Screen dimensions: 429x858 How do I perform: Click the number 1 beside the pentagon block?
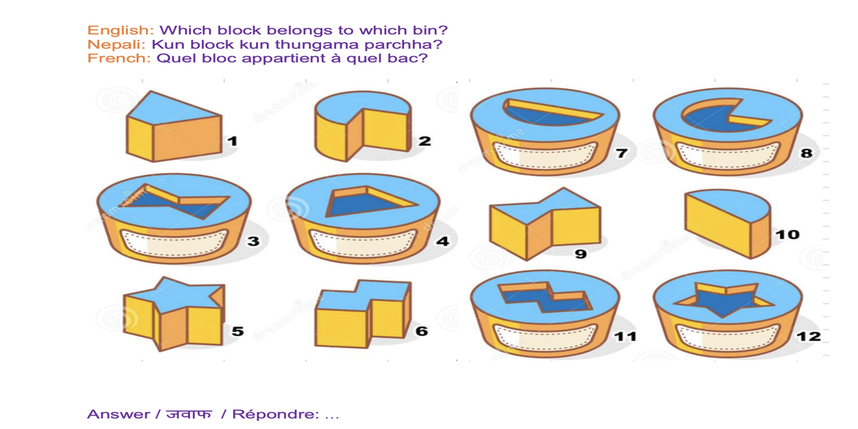232,142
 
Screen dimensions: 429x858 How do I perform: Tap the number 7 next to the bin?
621,152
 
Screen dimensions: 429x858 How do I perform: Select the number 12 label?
809,336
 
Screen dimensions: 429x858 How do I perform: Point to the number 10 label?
788,235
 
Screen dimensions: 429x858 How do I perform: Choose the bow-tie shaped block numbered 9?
545,222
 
